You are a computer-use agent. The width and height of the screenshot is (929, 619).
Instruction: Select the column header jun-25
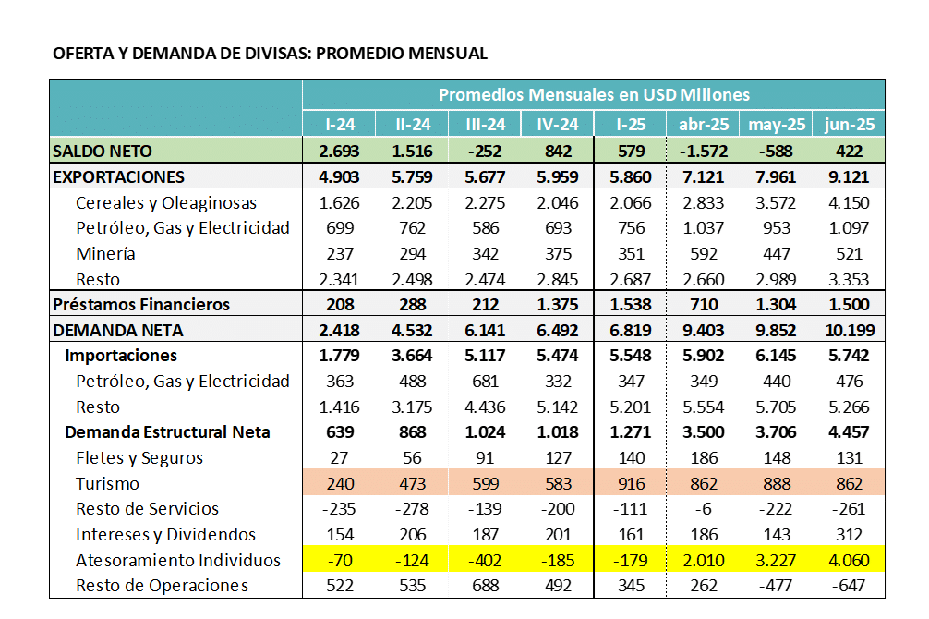(x=849, y=125)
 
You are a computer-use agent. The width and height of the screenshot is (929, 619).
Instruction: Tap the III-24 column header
(x=485, y=125)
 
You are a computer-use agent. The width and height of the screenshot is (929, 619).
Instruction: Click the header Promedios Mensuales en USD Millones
(x=594, y=95)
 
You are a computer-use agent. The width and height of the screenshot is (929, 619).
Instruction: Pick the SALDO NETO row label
(x=103, y=152)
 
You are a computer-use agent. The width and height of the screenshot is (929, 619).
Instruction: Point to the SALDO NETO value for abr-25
(x=704, y=152)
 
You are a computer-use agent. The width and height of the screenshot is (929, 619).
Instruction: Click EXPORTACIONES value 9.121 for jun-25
(x=849, y=177)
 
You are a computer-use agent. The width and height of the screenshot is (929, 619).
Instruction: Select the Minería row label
(x=105, y=254)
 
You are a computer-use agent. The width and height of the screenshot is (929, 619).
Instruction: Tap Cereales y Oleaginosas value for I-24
(x=339, y=202)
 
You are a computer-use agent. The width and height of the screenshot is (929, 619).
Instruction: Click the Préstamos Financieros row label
(x=141, y=305)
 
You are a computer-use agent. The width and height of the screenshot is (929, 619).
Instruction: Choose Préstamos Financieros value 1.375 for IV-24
(x=558, y=305)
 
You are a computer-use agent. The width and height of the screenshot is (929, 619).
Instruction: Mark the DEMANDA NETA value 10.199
(x=850, y=330)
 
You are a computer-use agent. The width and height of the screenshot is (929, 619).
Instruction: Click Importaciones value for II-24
(x=412, y=356)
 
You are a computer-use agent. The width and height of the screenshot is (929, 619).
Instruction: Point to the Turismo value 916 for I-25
(x=631, y=484)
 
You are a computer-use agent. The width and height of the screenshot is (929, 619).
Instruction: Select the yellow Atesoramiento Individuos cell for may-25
(x=776, y=560)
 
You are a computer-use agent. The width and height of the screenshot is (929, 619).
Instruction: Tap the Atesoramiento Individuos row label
(x=177, y=560)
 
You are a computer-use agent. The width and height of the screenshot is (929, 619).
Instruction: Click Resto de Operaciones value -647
(x=849, y=586)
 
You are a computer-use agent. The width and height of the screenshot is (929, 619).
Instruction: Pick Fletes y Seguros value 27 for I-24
(x=339, y=458)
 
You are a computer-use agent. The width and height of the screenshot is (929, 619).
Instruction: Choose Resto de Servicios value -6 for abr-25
(x=704, y=509)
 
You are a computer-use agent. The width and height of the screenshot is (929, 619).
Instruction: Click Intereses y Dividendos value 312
(x=849, y=535)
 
